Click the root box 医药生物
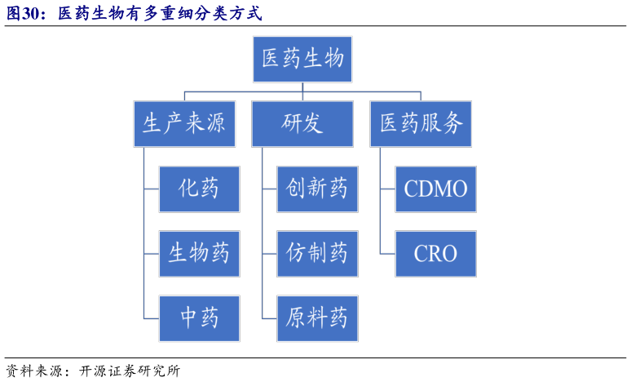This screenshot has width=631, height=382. [302, 59]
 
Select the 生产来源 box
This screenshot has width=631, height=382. [184, 124]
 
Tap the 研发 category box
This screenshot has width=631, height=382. [302, 124]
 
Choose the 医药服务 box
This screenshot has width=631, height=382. [421, 124]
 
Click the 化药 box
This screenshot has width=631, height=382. [200, 189]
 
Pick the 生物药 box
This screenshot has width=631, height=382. [200, 253]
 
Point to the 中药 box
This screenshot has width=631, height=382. [200, 318]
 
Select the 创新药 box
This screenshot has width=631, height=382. [317, 189]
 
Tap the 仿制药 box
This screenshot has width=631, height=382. [317, 253]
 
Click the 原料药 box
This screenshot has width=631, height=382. [317, 318]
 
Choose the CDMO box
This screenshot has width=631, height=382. [435, 189]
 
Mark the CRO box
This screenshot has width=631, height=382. [435, 253]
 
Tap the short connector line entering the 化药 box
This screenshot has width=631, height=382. [152, 189]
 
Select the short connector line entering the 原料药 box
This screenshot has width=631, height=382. [270, 318]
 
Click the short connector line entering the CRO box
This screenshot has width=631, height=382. [388, 253]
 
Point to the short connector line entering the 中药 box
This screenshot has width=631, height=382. [152, 318]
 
